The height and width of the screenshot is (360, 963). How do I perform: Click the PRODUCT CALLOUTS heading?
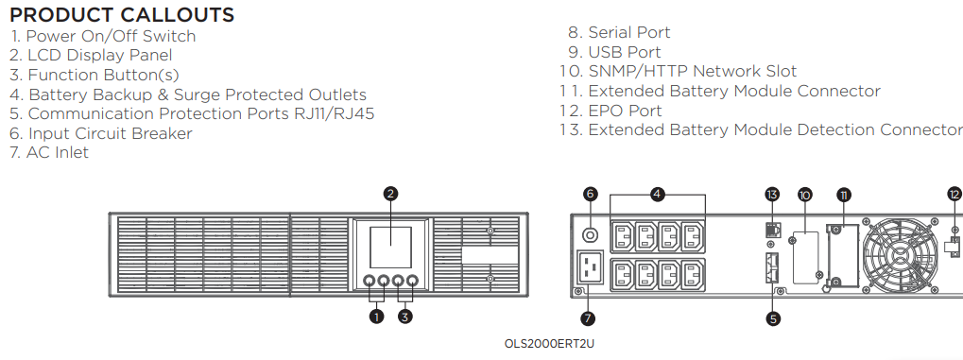[122, 15]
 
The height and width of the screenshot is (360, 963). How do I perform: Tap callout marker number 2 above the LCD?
[390, 194]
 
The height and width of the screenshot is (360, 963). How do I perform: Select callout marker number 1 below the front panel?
[376, 317]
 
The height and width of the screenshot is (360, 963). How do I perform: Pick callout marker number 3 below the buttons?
[405, 317]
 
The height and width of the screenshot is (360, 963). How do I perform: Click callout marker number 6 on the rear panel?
[591, 194]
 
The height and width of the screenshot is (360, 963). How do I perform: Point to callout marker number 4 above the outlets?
[657, 194]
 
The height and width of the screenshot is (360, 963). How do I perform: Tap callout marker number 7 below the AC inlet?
[588, 318]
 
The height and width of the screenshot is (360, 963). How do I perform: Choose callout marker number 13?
[772, 194]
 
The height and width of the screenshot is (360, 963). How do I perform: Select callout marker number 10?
[804, 195]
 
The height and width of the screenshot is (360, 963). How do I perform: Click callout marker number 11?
[845, 195]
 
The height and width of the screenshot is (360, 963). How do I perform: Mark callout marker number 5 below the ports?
[773, 318]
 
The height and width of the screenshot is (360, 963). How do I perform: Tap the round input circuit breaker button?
[591, 234]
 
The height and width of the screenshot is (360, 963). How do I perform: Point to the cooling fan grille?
[901, 255]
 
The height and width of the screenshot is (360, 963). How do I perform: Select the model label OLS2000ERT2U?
[549, 343]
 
